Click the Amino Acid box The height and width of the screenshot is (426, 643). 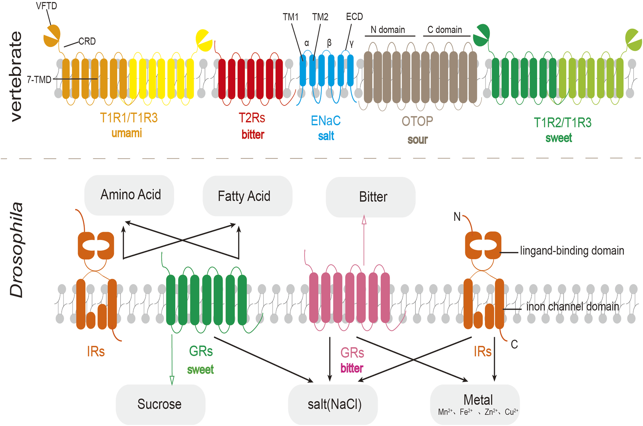point(129,195)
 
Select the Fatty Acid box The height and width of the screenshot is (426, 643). point(247,196)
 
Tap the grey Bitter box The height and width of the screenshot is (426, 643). point(370,197)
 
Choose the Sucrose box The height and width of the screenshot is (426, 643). point(160,404)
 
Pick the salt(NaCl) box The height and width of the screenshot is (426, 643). point(333,404)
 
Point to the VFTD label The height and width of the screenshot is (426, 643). point(46,6)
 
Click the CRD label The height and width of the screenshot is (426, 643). point(87,41)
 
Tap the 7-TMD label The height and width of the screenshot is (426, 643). point(39,80)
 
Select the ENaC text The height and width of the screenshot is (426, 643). point(325,121)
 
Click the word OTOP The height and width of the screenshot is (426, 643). point(417,121)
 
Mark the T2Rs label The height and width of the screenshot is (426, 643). point(252,118)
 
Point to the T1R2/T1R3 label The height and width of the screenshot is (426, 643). point(562,123)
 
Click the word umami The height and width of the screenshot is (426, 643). point(126,133)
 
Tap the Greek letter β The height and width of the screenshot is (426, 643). point(329,43)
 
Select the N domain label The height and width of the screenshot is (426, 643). point(388,30)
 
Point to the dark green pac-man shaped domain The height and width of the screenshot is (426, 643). point(482,36)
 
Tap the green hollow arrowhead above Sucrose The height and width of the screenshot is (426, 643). point(172,380)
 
